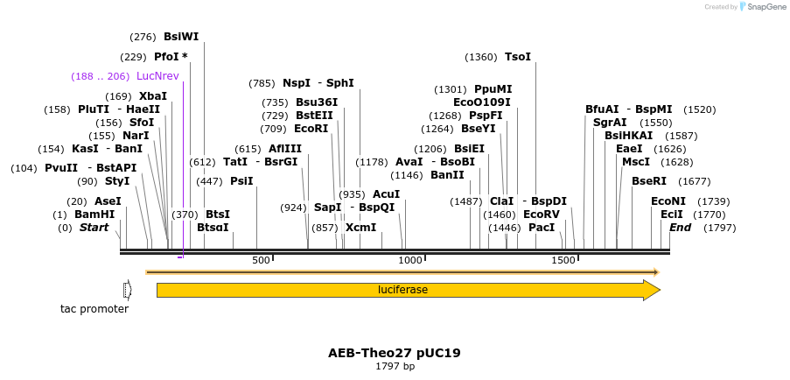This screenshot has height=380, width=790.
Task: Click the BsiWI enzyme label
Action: pos(181,37)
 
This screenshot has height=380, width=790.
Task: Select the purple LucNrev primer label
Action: pos(157,76)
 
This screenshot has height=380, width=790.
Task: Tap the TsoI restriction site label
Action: pos(518,57)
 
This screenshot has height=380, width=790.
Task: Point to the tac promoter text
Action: pos(94,308)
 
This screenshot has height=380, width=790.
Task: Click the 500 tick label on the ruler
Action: pos(261,260)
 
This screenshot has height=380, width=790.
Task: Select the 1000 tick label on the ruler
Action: pos(410,260)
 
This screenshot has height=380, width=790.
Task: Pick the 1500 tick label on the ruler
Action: pos(563,260)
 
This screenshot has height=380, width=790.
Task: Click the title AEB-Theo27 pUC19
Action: pos(395,353)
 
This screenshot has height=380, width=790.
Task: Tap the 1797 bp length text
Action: pos(395,366)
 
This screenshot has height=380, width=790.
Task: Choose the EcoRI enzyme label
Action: pos(311,128)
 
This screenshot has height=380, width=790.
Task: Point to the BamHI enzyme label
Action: pos(94,215)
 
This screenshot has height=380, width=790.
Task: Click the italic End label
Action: pos(680,228)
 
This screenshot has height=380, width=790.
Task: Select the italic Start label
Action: pos(94,228)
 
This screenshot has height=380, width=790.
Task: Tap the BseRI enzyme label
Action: pos(649,181)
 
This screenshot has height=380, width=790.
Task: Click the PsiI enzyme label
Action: pos(241,181)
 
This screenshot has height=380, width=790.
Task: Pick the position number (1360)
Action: pos(480,57)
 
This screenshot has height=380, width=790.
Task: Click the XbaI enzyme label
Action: pos(153,96)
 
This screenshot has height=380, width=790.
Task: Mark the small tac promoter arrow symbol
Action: pos(128,290)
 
